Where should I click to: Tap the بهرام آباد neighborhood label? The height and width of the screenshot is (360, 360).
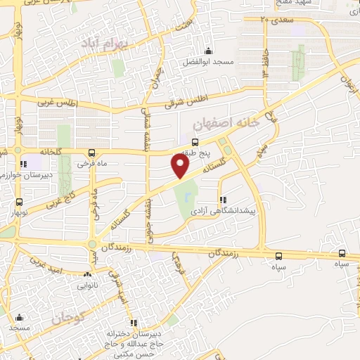[96, 44]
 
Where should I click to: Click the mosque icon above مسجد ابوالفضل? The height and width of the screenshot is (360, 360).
[207, 51]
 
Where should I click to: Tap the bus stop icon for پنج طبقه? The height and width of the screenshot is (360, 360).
[195, 142]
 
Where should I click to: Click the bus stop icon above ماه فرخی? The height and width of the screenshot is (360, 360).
[91, 152]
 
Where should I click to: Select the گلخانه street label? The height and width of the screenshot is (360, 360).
[36, 151]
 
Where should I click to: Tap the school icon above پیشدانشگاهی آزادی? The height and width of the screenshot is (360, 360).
[222, 199]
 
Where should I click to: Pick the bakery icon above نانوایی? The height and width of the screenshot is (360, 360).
[88, 274]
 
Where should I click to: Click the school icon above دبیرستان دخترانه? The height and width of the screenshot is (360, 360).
[134, 322]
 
